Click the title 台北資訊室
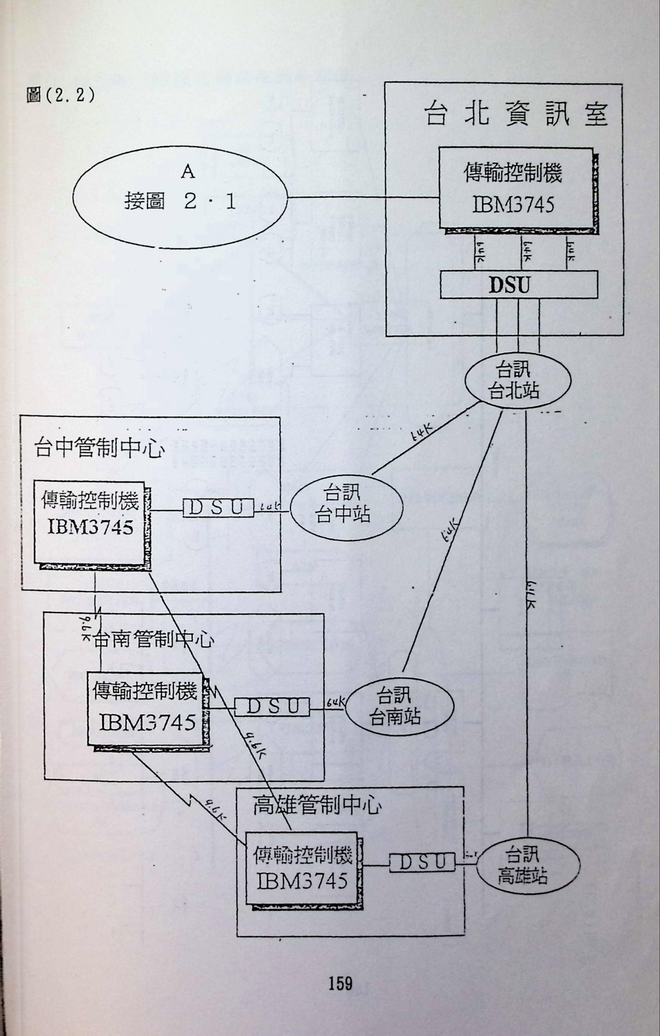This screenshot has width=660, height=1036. [x=516, y=114]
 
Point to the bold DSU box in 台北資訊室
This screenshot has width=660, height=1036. [x=519, y=284]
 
